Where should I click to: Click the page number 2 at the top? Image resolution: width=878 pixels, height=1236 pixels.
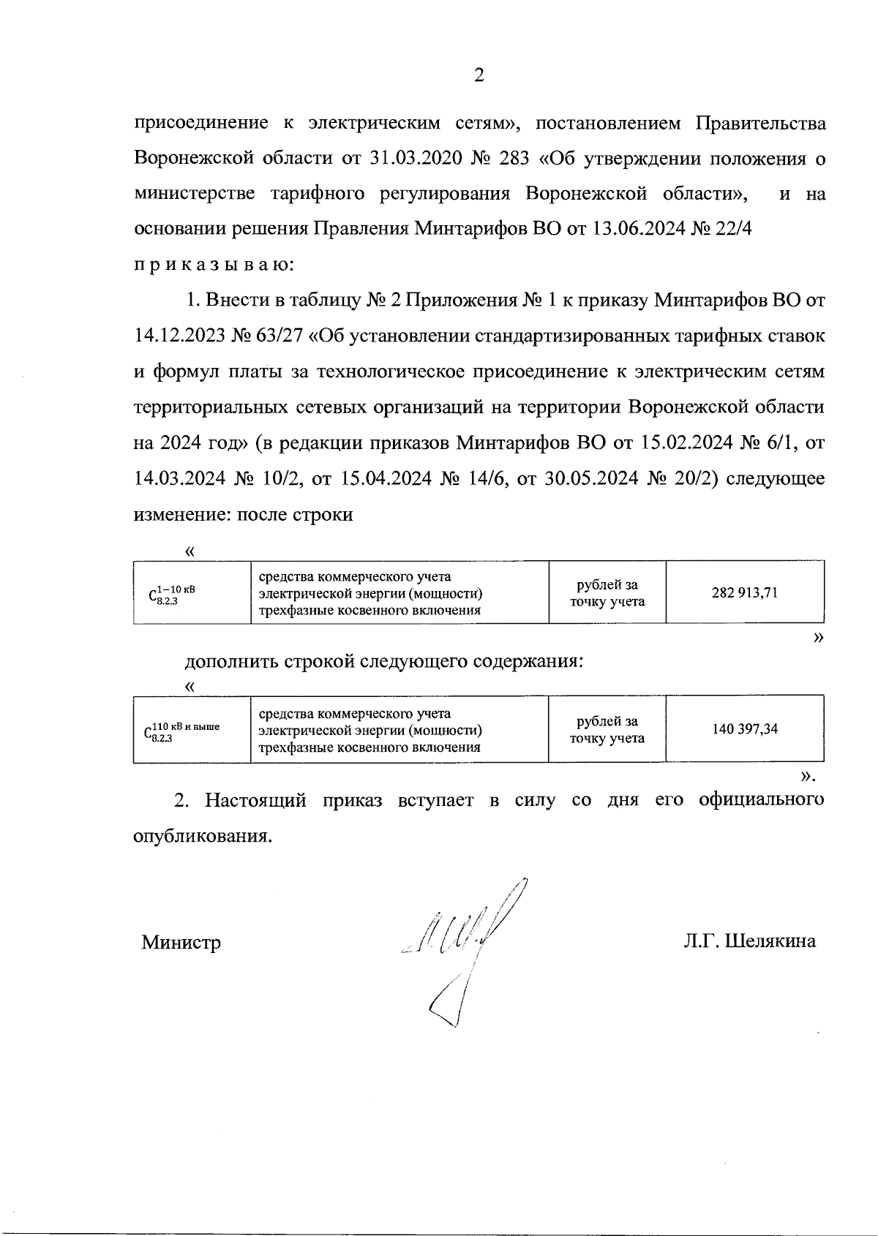point(479,75)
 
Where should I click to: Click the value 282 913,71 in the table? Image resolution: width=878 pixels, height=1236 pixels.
point(744,592)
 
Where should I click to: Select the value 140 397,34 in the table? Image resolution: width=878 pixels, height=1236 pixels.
point(744,728)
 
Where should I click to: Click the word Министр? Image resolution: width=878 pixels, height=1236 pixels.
point(181,942)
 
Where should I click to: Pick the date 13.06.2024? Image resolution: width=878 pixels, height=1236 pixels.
point(637,229)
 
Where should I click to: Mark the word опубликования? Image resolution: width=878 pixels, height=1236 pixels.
point(201,835)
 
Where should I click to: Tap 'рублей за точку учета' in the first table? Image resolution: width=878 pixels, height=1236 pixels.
point(607,593)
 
